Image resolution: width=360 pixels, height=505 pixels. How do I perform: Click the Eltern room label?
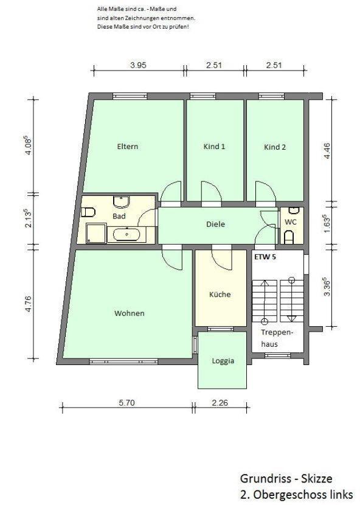coord(128,147)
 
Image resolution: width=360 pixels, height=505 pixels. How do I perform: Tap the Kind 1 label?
coord(214,147)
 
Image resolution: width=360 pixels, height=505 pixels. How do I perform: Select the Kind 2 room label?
coord(275,147)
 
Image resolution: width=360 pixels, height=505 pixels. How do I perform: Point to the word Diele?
coord(215,224)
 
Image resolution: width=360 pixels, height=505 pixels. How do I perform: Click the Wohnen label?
coord(130,313)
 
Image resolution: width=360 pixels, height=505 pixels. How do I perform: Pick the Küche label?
coord(220,294)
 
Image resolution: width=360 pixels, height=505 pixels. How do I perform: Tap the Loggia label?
coord(223,361)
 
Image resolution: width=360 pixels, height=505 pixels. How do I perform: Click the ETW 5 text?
coord(265,257)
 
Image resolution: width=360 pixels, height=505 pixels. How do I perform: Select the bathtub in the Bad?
coord(126,233)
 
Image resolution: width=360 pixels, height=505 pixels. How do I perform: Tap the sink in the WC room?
coord(294,211)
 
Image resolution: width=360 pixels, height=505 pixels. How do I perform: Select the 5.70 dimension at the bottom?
coord(126,403)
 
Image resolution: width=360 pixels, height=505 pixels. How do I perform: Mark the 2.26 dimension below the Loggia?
coord(220,403)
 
